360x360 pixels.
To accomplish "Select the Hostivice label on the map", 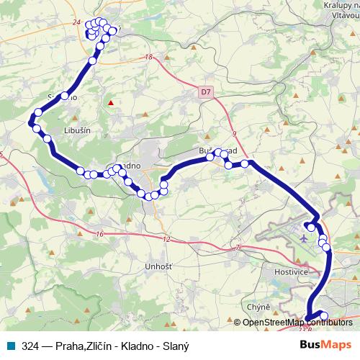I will click(x=292, y=272).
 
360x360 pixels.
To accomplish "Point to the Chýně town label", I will click(x=258, y=307).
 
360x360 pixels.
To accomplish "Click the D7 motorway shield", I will click(x=207, y=91).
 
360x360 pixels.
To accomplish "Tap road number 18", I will click(x=149, y=58).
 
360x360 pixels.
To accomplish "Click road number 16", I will click(x=99, y=233).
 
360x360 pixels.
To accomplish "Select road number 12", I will click(x=167, y=239).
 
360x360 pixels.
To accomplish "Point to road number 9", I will click(x=235, y=132).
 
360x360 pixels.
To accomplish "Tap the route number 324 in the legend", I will click(x=30, y=346).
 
